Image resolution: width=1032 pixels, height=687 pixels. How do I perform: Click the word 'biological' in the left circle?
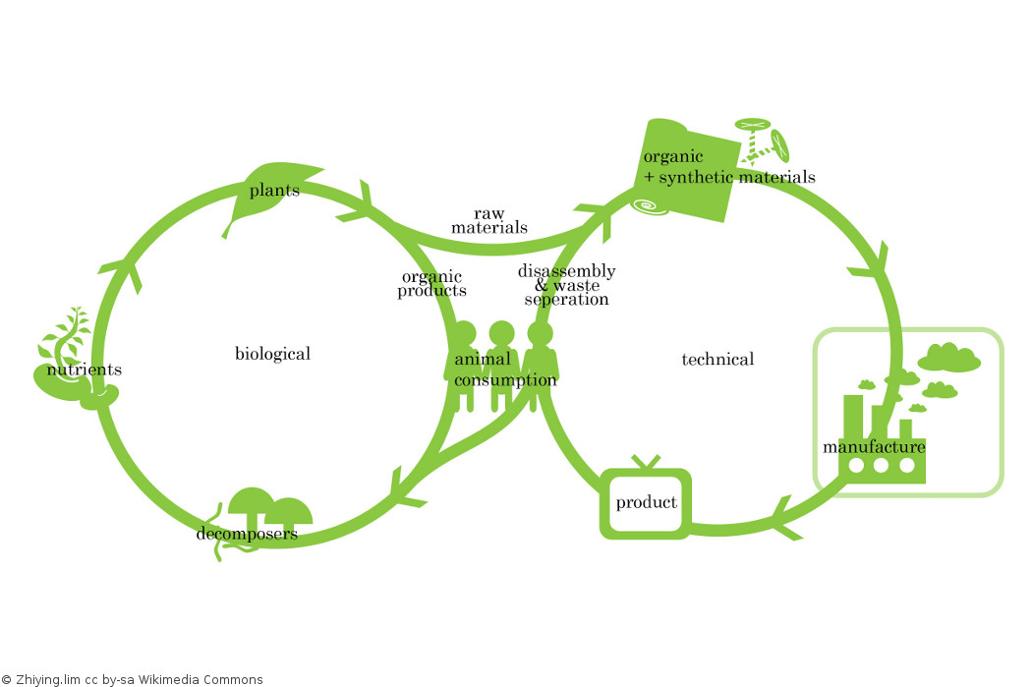(272, 354)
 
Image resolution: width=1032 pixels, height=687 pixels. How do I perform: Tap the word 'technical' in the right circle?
(717, 360)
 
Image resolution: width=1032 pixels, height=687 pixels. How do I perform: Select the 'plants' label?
(274, 190)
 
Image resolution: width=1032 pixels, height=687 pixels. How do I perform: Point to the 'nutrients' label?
(85, 370)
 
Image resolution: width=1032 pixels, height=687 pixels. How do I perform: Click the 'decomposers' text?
(247, 534)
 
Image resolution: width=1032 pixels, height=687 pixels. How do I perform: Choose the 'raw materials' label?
(489, 220)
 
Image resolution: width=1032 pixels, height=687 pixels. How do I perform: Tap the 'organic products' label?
(431, 284)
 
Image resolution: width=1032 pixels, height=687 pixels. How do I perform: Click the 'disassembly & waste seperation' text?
(567, 285)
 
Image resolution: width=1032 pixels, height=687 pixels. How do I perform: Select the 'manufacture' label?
(874, 447)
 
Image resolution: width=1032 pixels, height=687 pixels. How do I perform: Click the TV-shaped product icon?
(646, 503)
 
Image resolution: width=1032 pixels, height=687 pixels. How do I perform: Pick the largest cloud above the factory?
(949, 356)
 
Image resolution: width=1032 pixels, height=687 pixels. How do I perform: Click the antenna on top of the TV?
(646, 461)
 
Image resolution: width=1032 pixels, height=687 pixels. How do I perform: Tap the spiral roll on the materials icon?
(650, 205)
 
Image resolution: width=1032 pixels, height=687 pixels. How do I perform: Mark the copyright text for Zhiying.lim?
(132, 679)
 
